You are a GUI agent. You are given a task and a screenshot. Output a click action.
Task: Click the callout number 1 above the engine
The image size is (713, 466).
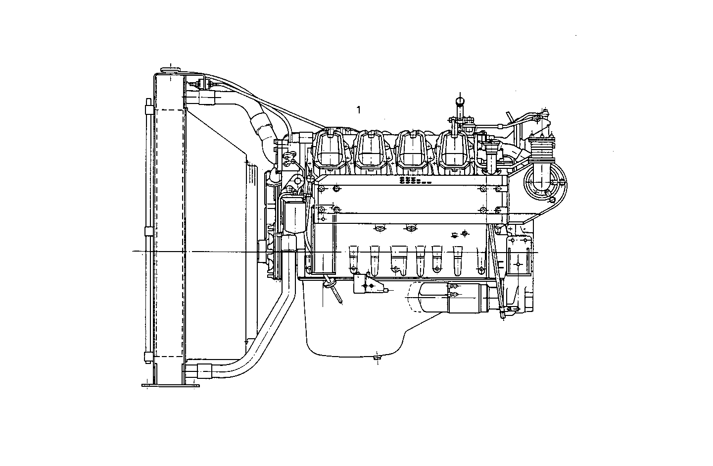[x=359, y=110]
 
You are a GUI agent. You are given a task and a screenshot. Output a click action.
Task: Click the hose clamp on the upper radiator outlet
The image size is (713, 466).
[x=207, y=99]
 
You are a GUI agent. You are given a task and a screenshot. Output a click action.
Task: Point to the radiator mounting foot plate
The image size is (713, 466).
[x=171, y=385]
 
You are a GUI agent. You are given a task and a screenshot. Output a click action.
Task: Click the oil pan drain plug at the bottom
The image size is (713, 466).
[x=378, y=356]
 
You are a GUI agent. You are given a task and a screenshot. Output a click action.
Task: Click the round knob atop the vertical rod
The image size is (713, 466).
[x=460, y=101]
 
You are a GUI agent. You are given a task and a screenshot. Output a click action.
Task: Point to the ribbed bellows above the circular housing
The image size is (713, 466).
[x=540, y=147]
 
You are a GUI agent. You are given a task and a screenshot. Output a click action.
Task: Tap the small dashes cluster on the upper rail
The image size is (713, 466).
[x=414, y=180]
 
